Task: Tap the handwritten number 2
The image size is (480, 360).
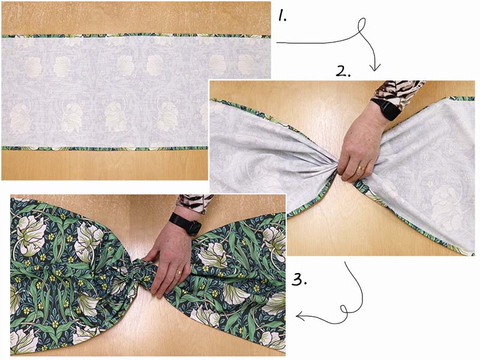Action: click(341, 71)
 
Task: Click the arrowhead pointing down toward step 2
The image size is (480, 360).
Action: click(375, 67)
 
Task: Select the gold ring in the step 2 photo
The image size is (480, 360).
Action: click(362, 168)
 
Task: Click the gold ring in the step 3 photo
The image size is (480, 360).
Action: click(179, 272)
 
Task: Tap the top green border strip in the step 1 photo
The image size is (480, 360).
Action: click(136, 35)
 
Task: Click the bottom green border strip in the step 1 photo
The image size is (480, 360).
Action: click(104, 148)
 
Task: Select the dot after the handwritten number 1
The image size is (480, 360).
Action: click(285, 20)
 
